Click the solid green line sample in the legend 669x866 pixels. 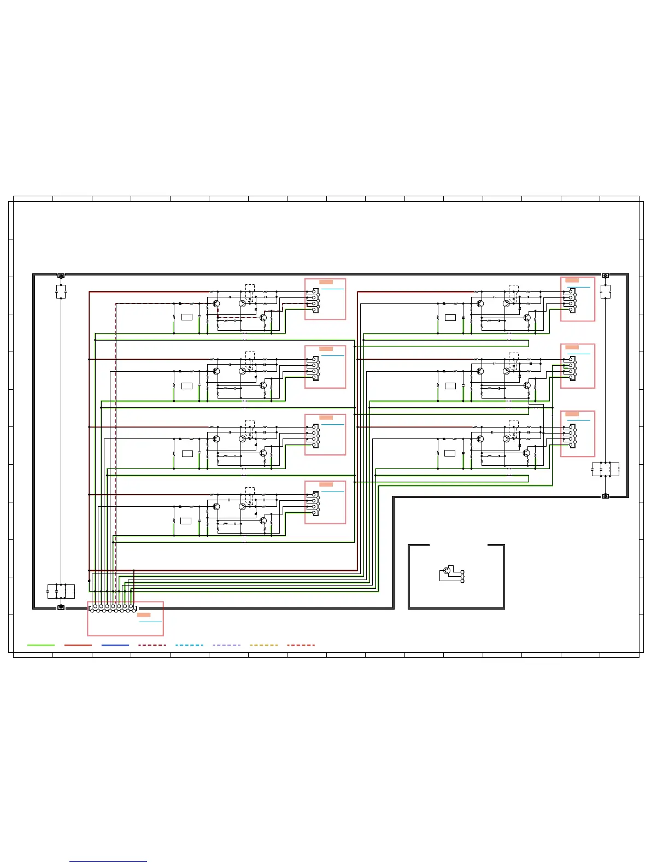coord(41,645)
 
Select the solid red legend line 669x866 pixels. coord(78,645)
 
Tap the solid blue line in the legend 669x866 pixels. coord(115,645)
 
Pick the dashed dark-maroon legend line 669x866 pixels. coord(152,645)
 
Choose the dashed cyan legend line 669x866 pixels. coord(189,645)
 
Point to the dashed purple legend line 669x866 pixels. coord(226,645)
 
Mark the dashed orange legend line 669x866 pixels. coord(263,645)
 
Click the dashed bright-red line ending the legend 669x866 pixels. coord(301,645)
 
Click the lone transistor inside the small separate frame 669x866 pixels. coord(447,570)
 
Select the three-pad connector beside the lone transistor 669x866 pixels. coord(462,576)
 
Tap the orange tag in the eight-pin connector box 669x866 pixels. coord(144,615)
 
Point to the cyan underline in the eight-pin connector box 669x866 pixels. coord(150,622)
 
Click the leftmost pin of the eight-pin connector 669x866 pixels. coord(95,607)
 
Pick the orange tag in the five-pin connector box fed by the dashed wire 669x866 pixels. coord(326,282)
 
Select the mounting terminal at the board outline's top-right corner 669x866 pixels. coord(605,276)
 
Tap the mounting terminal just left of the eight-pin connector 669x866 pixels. coord(61,607)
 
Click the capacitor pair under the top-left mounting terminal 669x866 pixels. coord(61,292)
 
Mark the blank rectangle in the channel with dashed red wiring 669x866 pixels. coord(187,317)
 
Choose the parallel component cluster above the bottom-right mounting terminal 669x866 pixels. coord(606,469)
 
